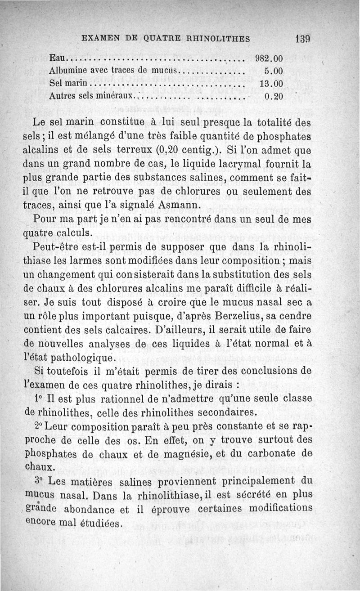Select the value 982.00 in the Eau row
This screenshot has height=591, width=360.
click(269, 58)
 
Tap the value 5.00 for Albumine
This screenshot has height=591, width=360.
click(273, 71)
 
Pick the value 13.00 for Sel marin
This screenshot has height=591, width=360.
click(271, 84)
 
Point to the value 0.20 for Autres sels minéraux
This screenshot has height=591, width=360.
click(273, 96)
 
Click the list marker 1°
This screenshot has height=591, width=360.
click(38, 399)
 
